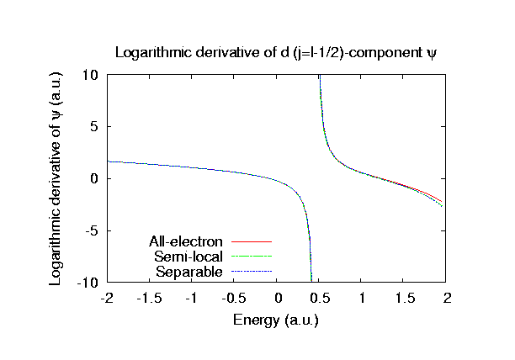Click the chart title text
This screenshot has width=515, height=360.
(x=277, y=54)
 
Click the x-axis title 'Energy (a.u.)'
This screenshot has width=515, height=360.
(x=277, y=320)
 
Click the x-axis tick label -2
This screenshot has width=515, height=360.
(x=106, y=299)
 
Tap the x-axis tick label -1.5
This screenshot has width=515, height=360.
(x=149, y=299)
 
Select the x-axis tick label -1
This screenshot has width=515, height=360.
(x=191, y=299)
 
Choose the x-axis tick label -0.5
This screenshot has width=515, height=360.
(x=234, y=299)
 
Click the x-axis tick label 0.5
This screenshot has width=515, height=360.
(x=320, y=299)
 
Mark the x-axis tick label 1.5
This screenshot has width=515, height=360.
(x=405, y=299)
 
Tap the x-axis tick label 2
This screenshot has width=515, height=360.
(x=448, y=299)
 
